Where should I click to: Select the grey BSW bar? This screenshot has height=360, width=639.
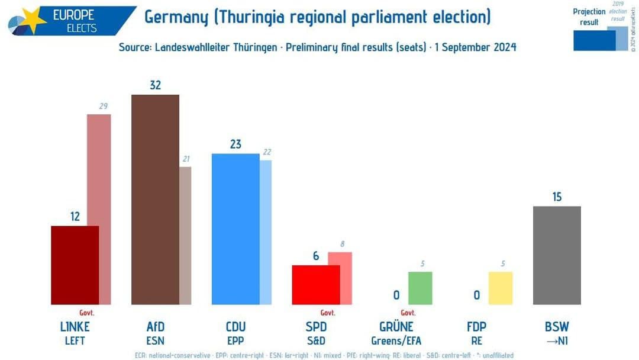tap(557, 255)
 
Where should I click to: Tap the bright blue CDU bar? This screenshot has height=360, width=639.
tap(235, 229)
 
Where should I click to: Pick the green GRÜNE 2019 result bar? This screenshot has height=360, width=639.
tap(420, 288)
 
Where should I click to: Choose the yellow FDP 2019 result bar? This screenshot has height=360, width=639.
tap(501, 288)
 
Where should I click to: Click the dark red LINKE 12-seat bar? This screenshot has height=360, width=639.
tap(75, 265)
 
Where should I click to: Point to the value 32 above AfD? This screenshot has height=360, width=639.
tap(155, 85)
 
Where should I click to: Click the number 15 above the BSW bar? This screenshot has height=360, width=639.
tap(557, 197)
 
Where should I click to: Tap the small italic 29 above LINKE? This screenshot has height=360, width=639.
tap(104, 106)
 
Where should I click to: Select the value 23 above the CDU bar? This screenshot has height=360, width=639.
tap(235, 144)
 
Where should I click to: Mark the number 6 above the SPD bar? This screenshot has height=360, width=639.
tap(316, 256)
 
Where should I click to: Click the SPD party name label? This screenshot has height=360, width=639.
tap(316, 327)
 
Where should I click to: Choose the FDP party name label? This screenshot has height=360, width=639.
tap(476, 327)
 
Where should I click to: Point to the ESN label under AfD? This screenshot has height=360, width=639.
tap(155, 340)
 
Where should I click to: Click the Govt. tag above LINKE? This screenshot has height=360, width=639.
tap(87, 313)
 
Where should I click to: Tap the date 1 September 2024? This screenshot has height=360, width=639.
tap(475, 47)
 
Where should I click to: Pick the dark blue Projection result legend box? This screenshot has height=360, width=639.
tap(594, 40)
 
